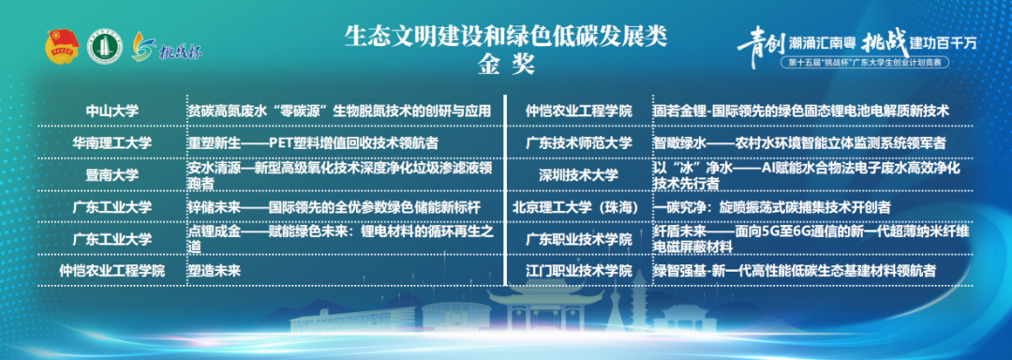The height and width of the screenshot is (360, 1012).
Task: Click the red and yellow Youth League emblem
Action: point(61,47)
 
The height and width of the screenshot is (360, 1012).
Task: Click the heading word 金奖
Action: point(506,66)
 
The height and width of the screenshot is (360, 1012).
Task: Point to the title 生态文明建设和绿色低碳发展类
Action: point(506,37)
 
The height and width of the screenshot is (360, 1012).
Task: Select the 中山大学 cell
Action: point(112,111)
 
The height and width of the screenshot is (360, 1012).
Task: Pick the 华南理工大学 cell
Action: point(112,142)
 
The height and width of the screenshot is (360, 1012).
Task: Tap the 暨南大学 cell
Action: point(112,174)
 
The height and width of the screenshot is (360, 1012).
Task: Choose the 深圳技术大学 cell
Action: point(578,174)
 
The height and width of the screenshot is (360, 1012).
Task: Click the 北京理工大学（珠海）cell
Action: point(578,207)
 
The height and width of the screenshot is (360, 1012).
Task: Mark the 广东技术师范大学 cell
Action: point(578,142)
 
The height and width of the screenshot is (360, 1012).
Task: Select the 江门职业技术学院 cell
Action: point(578,271)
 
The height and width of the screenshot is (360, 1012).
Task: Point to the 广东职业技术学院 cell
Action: point(578,239)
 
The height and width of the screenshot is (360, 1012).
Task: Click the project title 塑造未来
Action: point(214,270)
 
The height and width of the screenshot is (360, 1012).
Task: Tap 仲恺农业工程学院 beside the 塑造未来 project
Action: point(112,271)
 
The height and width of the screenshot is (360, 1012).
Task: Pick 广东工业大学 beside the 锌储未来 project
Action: point(112,207)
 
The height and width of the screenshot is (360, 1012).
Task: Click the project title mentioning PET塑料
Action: point(313,142)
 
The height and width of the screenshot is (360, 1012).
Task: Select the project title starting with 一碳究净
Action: point(772,207)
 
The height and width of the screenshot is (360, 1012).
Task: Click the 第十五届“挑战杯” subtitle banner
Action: point(865,63)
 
